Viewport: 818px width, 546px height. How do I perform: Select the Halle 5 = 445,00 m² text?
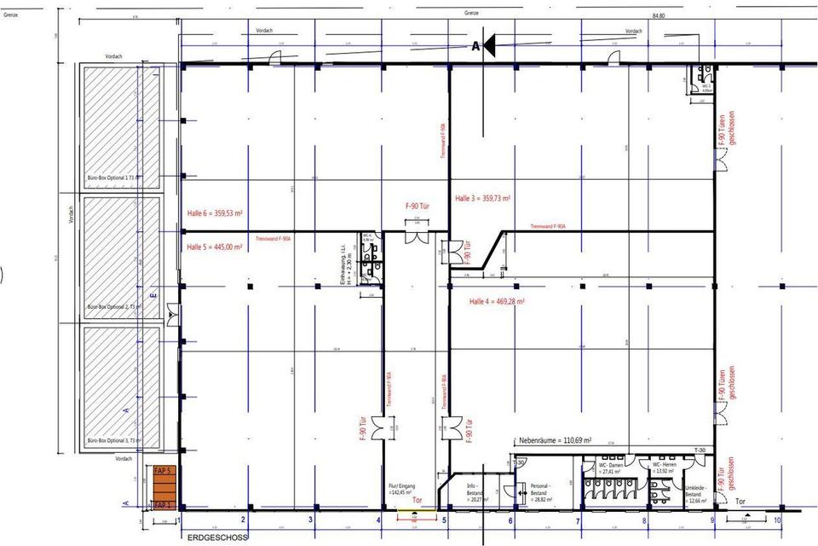pos(215,247)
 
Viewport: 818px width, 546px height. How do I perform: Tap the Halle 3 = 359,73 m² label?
pos(483,198)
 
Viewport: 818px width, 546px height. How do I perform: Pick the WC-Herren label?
pos(665,468)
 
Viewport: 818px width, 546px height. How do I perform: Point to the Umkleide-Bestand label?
pos(697,492)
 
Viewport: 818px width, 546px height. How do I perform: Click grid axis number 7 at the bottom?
pos(577,520)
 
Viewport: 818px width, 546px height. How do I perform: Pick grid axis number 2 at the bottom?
pos(243,520)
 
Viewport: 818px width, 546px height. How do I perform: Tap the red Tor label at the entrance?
pos(417,502)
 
